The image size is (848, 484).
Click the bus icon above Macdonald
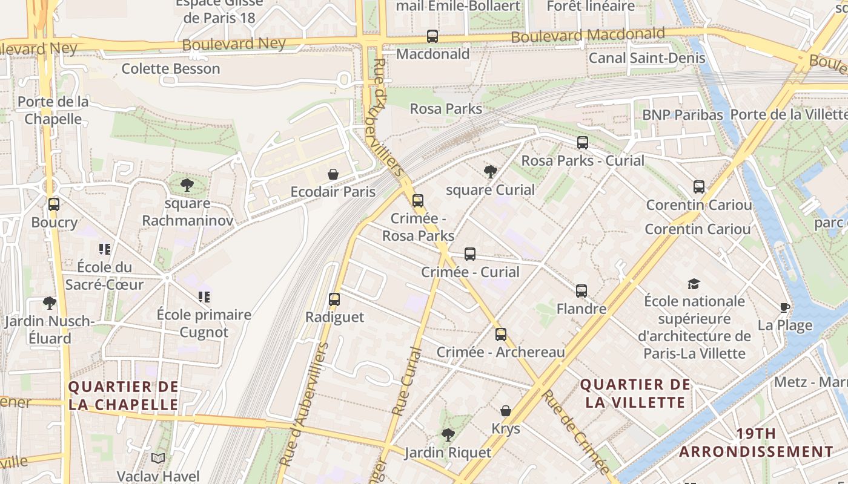(432, 36)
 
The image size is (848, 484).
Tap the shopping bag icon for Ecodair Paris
(333, 175)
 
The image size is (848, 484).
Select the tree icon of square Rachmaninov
(187, 185)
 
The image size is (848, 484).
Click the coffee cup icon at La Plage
(785, 307)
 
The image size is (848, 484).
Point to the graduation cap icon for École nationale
(694, 284)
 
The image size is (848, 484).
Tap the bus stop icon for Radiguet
(334, 299)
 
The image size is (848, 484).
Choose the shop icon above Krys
(506, 411)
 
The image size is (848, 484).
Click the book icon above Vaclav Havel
(158, 459)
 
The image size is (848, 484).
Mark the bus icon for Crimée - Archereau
(500, 335)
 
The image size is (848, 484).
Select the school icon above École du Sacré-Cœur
(105, 249)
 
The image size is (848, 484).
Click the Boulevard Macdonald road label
(588, 35)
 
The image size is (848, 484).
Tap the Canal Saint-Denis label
(647, 58)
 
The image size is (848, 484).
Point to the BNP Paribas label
(682, 115)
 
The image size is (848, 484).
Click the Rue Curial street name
(406, 381)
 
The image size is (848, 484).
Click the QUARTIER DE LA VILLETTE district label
(635, 393)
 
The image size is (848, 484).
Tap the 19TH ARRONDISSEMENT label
(756, 442)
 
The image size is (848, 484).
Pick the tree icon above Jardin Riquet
(448, 434)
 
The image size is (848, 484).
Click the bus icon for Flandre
(581, 291)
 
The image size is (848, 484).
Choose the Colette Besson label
(171, 69)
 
